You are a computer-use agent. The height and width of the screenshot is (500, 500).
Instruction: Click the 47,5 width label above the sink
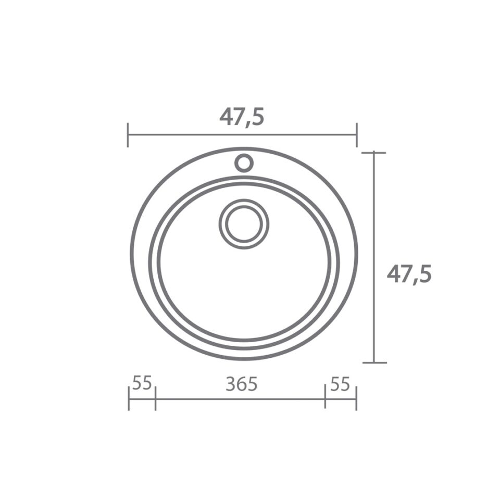(242, 117)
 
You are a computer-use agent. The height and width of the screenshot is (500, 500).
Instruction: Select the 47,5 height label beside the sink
(409, 274)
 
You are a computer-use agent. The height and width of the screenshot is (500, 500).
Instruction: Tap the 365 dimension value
(242, 384)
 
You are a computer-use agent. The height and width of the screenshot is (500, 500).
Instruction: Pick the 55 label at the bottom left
(142, 383)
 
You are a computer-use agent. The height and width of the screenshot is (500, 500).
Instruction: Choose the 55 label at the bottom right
(340, 384)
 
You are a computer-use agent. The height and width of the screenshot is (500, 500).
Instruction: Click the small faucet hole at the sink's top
(244, 163)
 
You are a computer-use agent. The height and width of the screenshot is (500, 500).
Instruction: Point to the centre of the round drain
(244, 224)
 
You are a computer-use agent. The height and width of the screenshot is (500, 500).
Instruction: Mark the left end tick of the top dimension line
(128, 135)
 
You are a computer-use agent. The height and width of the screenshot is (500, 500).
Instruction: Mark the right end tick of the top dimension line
(357, 135)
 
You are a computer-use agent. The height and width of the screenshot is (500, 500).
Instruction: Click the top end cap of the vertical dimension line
(374, 153)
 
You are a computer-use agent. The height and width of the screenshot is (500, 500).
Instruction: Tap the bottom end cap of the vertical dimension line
(374, 362)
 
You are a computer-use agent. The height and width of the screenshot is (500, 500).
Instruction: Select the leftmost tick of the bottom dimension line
(129, 399)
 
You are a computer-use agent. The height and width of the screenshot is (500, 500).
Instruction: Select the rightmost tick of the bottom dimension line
(356, 399)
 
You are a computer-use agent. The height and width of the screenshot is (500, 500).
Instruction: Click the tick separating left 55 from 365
(155, 399)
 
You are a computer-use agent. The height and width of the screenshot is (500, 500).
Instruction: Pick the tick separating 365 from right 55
(325, 399)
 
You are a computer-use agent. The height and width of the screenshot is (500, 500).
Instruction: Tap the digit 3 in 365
(231, 384)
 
